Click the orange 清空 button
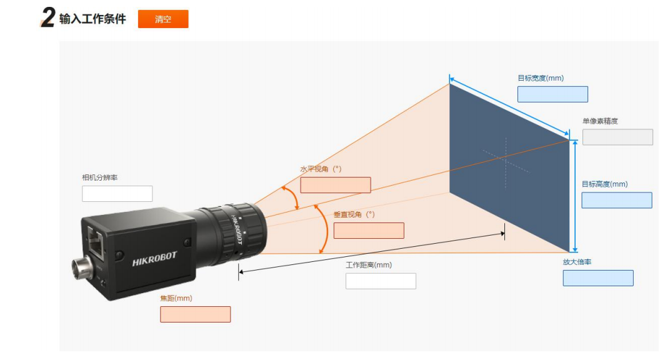[x=163, y=19]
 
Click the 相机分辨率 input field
[x=117, y=194]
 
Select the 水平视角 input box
[x=335, y=185]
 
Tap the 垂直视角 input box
[x=369, y=231]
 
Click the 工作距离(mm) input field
[x=381, y=281]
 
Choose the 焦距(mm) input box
[x=195, y=314]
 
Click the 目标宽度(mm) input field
[x=552, y=94]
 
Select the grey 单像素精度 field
[x=617, y=137]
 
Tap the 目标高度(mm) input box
[x=616, y=200]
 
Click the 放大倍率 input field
[x=597, y=278]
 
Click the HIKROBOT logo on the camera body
[x=154, y=259]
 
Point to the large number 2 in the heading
[x=48, y=18]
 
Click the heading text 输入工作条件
[x=92, y=19]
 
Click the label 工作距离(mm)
[x=369, y=265]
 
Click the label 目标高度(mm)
[x=604, y=184]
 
